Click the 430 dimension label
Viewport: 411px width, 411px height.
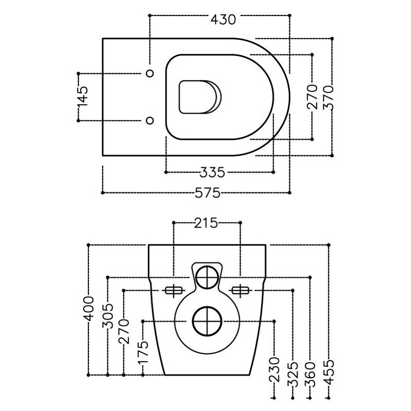click(223, 20)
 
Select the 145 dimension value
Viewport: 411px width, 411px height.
click(83, 97)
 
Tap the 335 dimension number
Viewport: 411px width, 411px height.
click(212, 173)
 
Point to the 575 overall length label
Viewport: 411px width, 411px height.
click(208, 193)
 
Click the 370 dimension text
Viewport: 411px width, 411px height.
click(328, 97)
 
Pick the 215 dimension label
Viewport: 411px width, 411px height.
click(206, 223)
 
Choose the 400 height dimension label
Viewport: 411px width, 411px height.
click(88, 309)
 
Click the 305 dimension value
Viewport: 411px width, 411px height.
click(108, 316)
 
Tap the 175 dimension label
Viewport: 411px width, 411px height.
click(143, 352)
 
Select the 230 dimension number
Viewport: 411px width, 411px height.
click(274, 369)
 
